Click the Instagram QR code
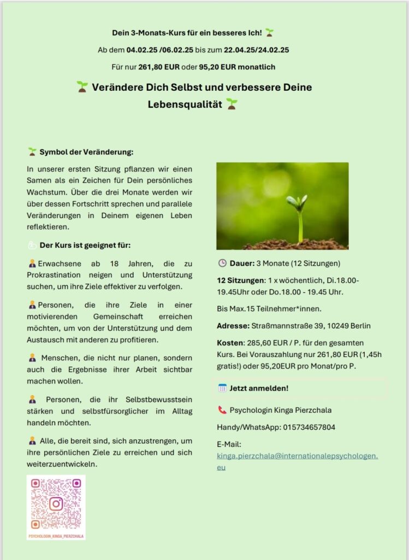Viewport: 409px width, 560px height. (56, 503)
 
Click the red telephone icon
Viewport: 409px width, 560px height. (222, 410)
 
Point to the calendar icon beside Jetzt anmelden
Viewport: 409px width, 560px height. (222, 388)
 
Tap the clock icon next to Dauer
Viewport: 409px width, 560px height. (222, 262)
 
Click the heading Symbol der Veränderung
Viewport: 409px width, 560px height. (86, 151)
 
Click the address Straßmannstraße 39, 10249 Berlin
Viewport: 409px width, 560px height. (311, 326)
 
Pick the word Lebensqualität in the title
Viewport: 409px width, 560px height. (185, 104)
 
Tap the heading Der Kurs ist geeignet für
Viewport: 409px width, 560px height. (85, 244)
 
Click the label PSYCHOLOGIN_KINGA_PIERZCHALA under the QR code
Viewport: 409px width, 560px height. (56, 536)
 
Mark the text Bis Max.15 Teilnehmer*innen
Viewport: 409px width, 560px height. (267, 309)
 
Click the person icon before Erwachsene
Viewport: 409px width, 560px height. (32, 264)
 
